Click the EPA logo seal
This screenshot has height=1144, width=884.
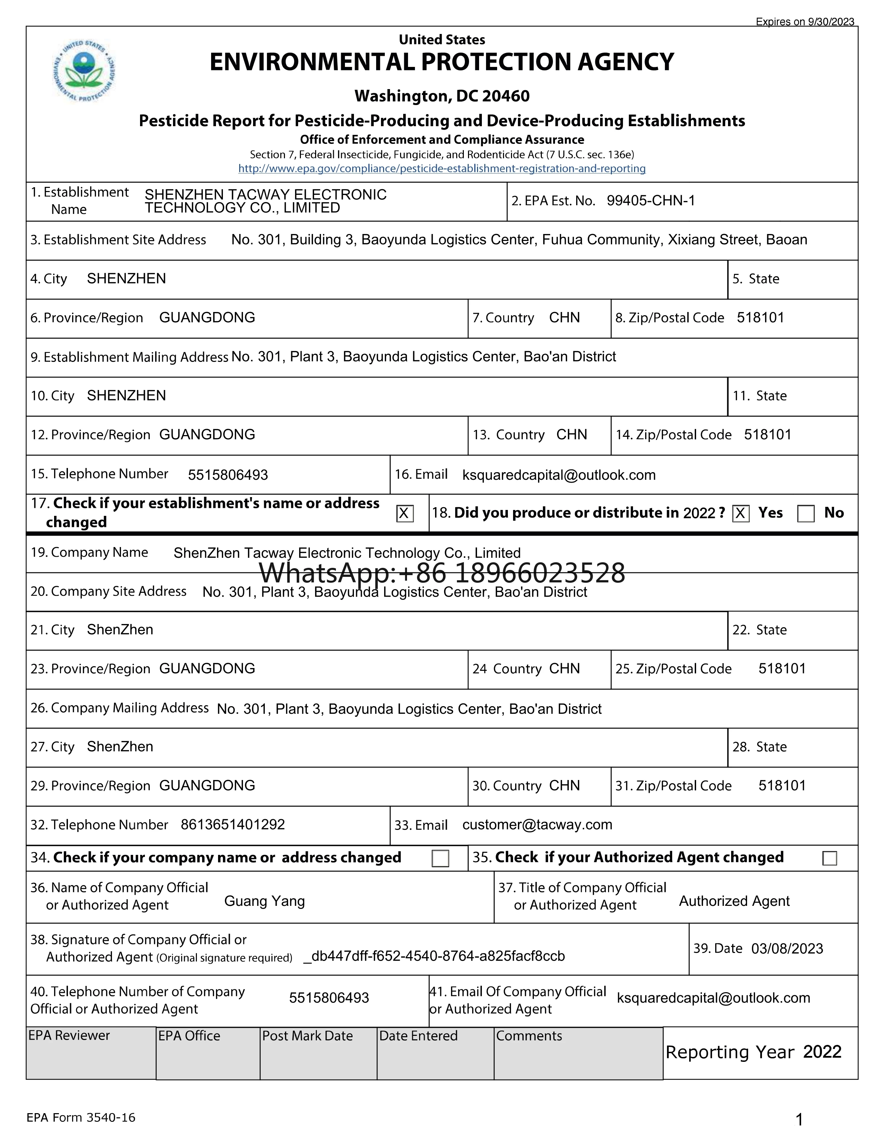84,71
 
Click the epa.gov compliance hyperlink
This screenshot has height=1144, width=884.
441,169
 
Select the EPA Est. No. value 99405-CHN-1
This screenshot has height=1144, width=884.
650,201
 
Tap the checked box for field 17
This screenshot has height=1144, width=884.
404,513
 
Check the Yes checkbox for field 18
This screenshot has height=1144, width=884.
740,513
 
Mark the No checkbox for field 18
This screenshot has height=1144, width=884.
805,513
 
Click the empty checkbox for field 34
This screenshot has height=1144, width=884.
440,858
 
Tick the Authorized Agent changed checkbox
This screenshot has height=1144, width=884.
830,858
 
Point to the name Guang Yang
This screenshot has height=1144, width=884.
265,901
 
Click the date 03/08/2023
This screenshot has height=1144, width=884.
787,948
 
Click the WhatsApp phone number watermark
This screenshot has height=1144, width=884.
441,573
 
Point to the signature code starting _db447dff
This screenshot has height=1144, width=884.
434,956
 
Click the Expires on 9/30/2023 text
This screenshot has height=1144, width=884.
804,22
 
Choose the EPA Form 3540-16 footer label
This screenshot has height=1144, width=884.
81,1118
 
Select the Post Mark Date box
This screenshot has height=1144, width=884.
318,1053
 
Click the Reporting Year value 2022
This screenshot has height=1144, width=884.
822,1052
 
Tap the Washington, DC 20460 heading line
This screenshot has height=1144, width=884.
441,96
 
